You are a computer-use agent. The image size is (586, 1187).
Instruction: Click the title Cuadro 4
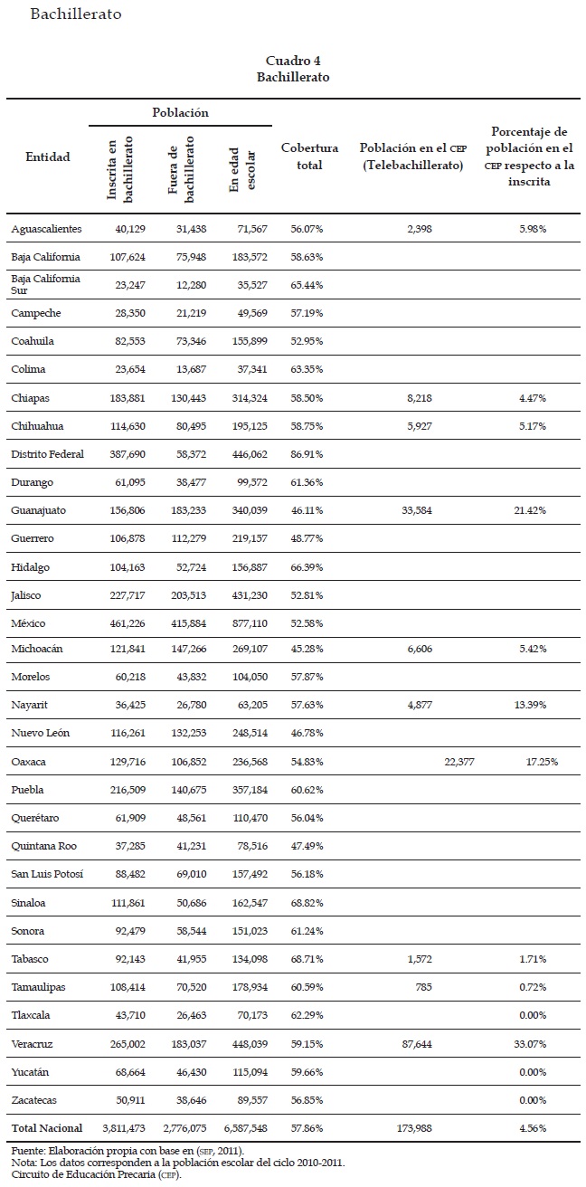point(293,60)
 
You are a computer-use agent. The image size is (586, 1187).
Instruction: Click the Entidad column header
point(48,157)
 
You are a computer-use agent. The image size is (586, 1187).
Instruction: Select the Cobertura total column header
point(309,157)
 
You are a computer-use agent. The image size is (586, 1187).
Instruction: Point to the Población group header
point(179,113)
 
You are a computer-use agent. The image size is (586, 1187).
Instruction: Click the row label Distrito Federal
point(47,454)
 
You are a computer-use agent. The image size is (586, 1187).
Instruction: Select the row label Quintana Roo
point(43,846)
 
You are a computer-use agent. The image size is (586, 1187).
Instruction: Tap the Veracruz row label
point(32,1043)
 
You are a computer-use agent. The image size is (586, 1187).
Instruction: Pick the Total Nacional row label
point(46,1128)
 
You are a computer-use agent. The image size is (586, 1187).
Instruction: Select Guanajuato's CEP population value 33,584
point(415,510)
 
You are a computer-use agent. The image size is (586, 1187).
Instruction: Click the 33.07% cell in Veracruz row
point(532,1043)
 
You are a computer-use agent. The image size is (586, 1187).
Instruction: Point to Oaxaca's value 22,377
point(459,762)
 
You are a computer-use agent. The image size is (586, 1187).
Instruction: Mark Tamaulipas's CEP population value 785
point(423,987)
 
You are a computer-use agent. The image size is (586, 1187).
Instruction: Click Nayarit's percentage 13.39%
point(532,706)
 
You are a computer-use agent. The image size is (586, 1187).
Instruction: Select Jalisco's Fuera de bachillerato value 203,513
point(186,595)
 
